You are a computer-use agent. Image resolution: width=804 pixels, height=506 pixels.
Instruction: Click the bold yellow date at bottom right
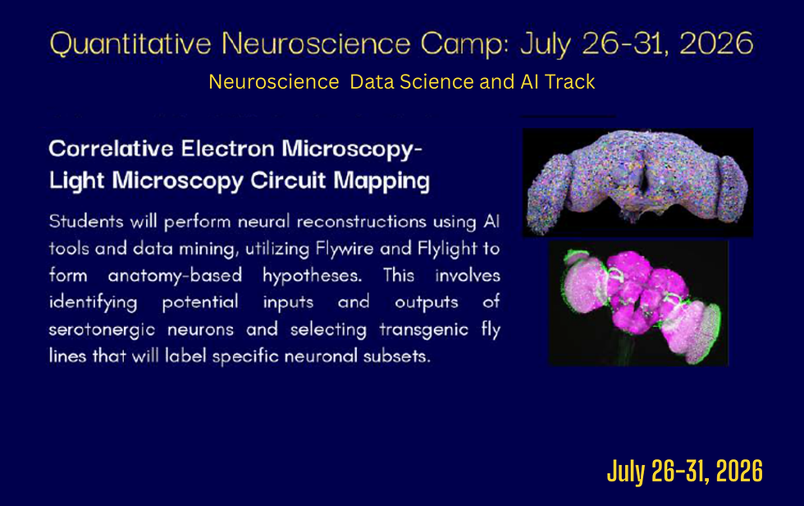[x=684, y=472]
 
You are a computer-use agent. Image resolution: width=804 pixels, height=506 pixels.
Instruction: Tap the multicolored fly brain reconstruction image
[x=637, y=182]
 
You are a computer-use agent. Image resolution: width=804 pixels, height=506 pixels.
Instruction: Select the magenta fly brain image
[x=637, y=301]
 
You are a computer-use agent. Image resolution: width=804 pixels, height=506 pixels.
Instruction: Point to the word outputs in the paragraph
[x=427, y=302]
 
